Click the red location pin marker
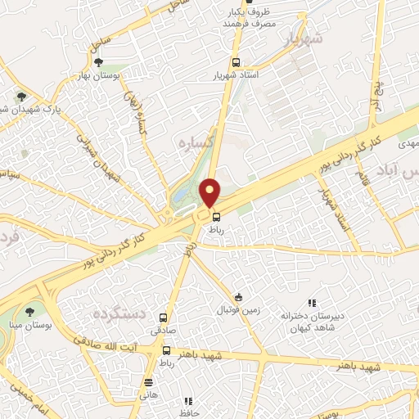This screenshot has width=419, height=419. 210,192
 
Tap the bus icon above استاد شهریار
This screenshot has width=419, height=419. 236,62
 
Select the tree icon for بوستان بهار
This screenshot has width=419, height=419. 99,61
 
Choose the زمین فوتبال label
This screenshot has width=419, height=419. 238,311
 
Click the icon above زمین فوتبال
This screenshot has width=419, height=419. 238,298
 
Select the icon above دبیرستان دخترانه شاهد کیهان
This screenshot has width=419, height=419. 310,304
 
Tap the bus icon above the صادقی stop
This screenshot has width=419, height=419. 164,318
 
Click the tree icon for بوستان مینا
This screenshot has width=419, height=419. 30,312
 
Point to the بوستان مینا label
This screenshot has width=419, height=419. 29,324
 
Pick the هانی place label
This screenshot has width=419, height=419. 148,394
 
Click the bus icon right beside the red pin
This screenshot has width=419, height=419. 216,217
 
